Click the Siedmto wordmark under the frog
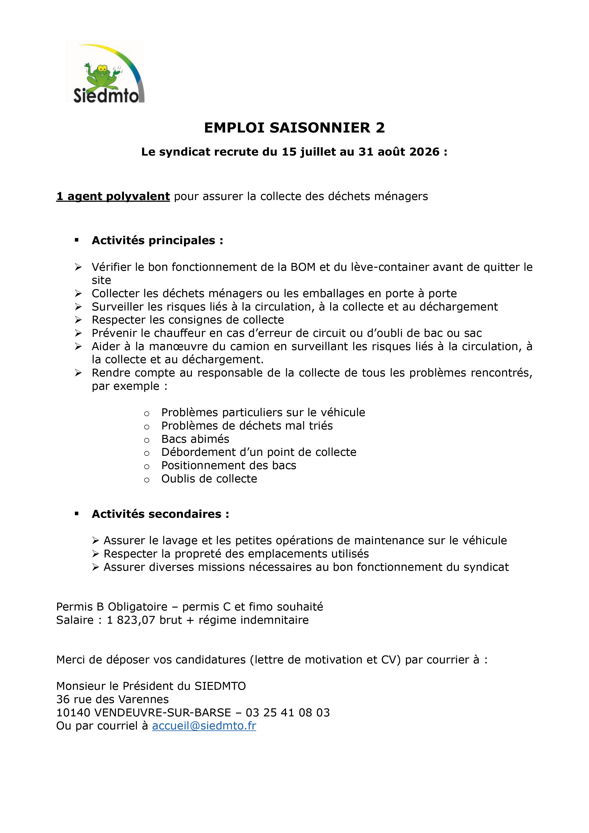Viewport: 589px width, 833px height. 106,96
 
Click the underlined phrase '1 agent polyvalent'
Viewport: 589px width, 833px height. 113,196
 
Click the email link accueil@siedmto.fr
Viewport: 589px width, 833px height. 204,726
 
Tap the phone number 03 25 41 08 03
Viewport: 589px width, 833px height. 288,713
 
